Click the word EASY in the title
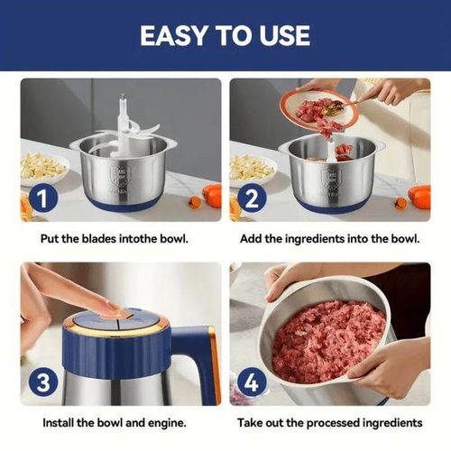173,35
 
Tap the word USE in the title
285,35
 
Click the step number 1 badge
43,198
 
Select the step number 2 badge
252,198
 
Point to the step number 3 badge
43,382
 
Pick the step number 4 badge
252,382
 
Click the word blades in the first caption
99,239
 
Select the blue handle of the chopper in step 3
197,361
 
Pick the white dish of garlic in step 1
43,169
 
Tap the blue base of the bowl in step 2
331,206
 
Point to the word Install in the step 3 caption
59,423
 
